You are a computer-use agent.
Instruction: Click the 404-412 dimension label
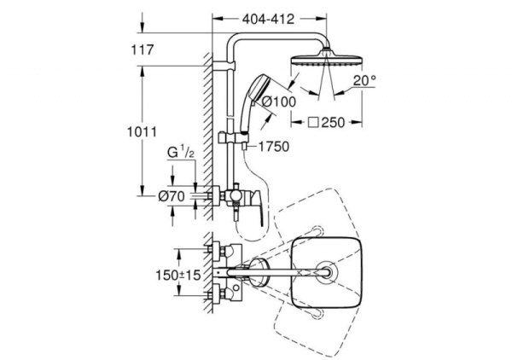point(269,16)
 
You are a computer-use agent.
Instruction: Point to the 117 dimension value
point(144,50)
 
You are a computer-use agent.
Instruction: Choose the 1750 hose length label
point(273,147)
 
